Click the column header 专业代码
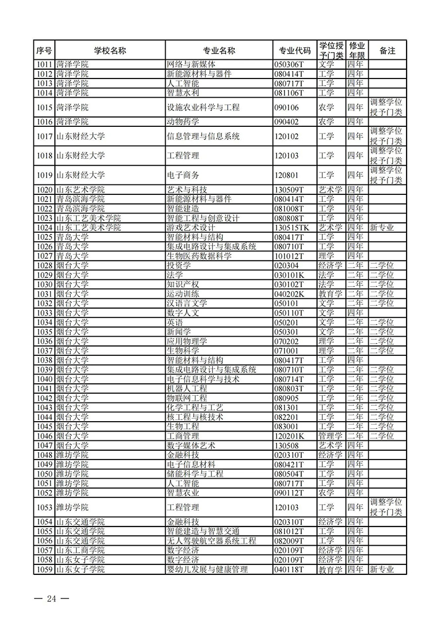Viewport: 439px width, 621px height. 295,51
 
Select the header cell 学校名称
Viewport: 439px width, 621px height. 110,51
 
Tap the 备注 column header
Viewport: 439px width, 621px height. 387,51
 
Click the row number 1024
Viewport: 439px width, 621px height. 44,227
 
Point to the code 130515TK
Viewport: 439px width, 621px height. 295,227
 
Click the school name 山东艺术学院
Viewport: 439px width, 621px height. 77,189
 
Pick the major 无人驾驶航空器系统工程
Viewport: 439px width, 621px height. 211,541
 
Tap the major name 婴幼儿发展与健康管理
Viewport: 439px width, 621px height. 207,569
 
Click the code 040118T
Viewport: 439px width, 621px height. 289,569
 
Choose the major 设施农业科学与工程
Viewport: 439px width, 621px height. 203,107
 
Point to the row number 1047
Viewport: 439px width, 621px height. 44,445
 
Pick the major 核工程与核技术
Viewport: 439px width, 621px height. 195,417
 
